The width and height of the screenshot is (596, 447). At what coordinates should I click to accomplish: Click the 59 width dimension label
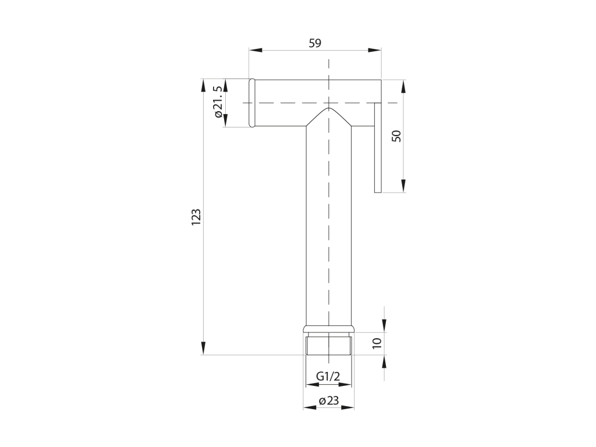pos(315,43)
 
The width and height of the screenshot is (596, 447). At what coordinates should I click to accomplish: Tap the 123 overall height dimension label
pos(196,218)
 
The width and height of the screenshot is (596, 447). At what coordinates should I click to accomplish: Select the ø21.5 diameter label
pos(218,102)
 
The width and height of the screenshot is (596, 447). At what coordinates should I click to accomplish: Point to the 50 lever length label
pos(396,136)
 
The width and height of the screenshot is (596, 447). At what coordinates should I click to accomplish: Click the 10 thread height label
pos(377,343)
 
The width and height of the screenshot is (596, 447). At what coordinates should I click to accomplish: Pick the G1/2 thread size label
pos(328,377)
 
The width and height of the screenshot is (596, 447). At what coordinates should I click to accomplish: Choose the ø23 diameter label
pos(329,400)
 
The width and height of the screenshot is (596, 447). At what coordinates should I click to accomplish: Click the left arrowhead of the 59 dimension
pos(256,50)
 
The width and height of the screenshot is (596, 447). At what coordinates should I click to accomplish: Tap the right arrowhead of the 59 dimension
pos(374,50)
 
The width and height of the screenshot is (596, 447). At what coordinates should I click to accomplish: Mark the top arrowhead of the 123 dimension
pos(203,86)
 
